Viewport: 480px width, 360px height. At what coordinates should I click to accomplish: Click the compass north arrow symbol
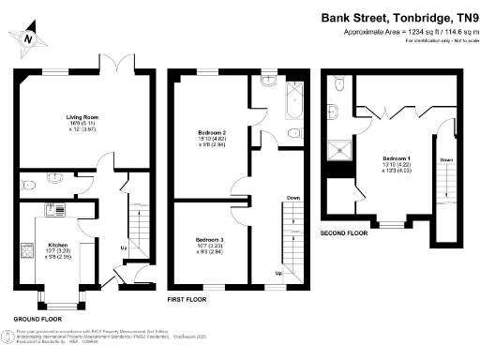pos(31,38)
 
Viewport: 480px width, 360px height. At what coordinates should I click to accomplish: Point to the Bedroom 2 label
pos(209,132)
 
